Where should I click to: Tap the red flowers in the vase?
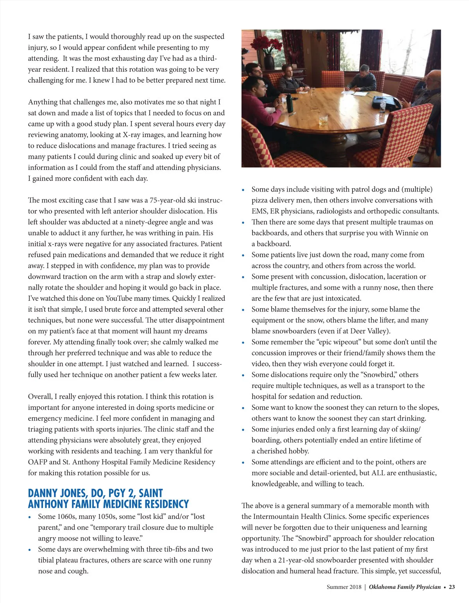click(x=269, y=43)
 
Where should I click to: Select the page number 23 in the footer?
click(x=452, y=587)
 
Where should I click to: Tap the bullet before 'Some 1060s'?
click(x=30, y=517)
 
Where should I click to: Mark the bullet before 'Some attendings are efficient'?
click(x=243, y=463)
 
